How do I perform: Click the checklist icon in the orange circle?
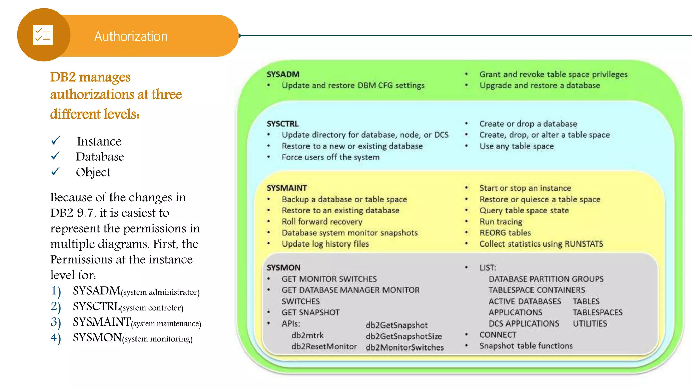click(43, 35)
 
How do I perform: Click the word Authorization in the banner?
click(131, 36)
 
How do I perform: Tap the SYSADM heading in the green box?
click(283, 74)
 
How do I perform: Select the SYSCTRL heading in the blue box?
click(282, 124)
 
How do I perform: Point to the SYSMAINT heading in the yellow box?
click(287, 188)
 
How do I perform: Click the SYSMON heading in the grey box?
click(283, 268)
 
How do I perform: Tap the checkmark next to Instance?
click(55, 140)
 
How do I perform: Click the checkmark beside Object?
click(55, 172)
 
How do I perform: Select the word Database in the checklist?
click(100, 157)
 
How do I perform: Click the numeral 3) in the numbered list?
click(56, 322)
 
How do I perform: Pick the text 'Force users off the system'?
click(330, 157)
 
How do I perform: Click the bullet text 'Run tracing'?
click(501, 222)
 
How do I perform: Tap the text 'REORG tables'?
click(505, 233)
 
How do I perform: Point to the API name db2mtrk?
click(307, 335)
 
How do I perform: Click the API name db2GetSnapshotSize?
click(403, 336)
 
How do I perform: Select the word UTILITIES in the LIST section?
click(590, 323)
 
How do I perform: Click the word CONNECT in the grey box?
click(498, 335)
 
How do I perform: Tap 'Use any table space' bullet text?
click(517, 146)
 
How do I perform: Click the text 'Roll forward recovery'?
click(322, 222)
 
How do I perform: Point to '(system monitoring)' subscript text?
click(157, 339)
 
